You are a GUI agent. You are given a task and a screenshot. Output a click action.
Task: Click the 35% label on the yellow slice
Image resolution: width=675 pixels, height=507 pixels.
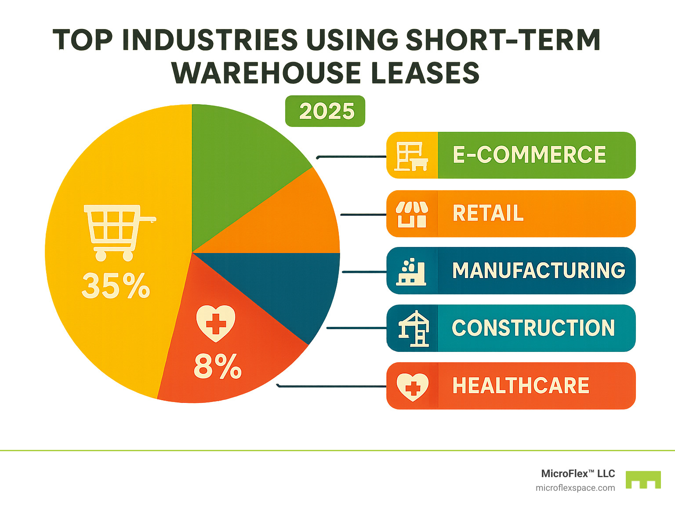point(116,286)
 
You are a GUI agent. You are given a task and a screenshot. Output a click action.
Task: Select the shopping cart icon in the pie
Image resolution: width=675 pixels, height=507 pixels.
point(118,232)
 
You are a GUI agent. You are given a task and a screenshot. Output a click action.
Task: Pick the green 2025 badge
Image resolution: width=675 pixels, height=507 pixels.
point(325,111)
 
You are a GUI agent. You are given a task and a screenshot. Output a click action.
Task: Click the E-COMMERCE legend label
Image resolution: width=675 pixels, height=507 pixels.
point(529,155)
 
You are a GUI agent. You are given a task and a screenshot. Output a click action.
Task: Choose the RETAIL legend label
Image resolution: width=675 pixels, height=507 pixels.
point(488,214)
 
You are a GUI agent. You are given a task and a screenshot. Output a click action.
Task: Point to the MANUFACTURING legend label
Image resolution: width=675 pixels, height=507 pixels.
point(539,271)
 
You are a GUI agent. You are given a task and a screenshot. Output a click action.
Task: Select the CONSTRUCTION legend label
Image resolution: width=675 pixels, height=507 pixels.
point(533,328)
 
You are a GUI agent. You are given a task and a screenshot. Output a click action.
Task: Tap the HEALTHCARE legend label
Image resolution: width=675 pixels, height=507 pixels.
point(521,386)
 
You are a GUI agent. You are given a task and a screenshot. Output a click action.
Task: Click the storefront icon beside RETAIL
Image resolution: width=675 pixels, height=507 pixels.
point(412,214)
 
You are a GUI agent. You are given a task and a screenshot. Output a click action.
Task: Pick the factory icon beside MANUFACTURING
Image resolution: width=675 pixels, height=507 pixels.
point(412,272)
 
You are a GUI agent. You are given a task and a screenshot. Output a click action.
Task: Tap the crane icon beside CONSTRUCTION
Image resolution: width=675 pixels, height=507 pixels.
point(413,329)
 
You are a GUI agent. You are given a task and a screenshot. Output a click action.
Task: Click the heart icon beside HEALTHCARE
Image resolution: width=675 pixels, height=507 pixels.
point(412,387)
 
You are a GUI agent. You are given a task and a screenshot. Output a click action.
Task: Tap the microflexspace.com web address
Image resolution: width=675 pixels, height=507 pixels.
point(575,488)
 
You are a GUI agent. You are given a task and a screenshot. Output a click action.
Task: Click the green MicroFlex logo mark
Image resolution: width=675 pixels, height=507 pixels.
point(643,480)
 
